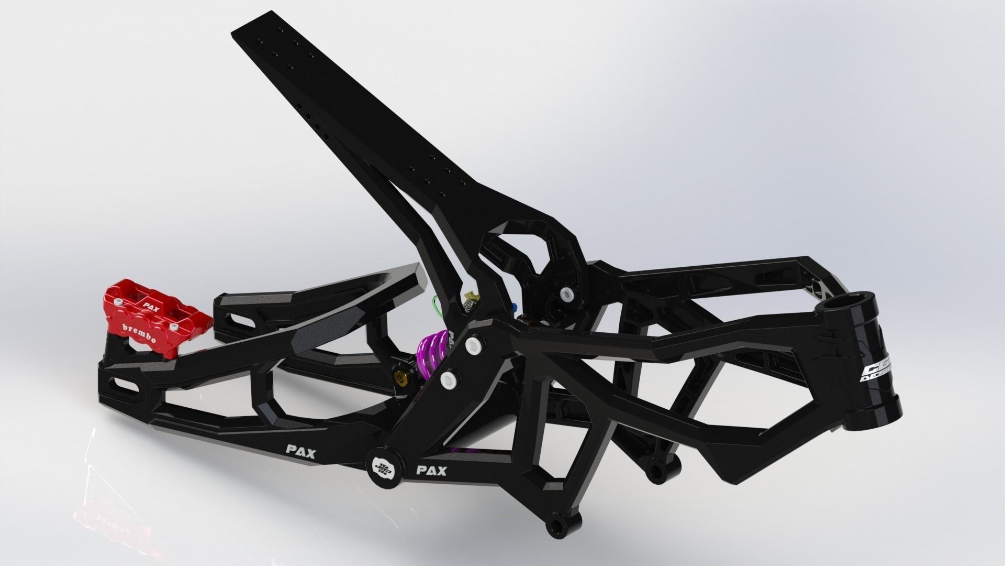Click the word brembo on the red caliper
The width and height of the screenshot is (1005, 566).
pyautogui.click(x=139, y=334)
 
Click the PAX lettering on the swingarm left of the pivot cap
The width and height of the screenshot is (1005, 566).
pyautogui.click(x=300, y=437)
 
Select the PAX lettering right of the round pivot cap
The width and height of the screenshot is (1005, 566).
pyautogui.click(x=431, y=455)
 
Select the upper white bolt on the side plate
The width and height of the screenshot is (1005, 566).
pyautogui.click(x=474, y=344)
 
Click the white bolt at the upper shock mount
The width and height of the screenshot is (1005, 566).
pyautogui.click(x=566, y=293)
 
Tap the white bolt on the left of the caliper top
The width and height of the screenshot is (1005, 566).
pyautogui.click(x=119, y=302)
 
